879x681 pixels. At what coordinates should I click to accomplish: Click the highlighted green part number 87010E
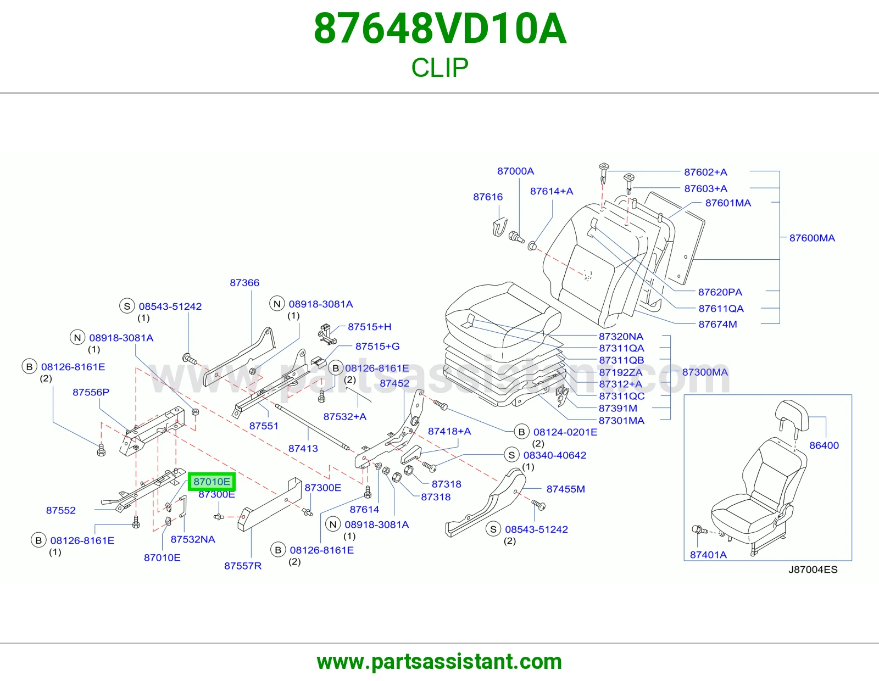pyautogui.click(x=212, y=482)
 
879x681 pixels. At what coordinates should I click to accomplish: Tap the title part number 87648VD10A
pyautogui.click(x=439, y=29)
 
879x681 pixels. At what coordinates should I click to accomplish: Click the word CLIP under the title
pyautogui.click(x=439, y=68)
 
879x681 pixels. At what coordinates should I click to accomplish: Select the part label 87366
pyautogui.click(x=244, y=283)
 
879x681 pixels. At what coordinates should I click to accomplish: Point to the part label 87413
pyautogui.click(x=303, y=449)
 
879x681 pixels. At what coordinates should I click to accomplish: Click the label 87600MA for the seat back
pyautogui.click(x=812, y=238)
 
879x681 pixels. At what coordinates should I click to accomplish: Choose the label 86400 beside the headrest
pyautogui.click(x=824, y=445)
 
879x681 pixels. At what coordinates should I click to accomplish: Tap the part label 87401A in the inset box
pyautogui.click(x=708, y=555)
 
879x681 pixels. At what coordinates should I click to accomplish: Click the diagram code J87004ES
pyautogui.click(x=813, y=570)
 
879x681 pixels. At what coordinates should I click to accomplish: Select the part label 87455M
pyautogui.click(x=565, y=489)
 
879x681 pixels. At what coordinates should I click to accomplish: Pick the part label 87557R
pyautogui.click(x=243, y=566)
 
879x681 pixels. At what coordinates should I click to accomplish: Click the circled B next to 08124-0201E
pyautogui.click(x=521, y=432)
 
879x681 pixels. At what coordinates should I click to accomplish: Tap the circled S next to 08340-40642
pyautogui.click(x=511, y=455)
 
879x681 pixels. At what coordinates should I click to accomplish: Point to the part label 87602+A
pyautogui.click(x=705, y=172)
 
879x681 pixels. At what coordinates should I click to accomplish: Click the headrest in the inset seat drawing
pyautogui.click(x=792, y=416)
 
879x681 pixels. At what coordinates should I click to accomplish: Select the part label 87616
pyautogui.click(x=488, y=197)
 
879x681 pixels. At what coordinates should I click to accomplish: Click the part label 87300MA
pyautogui.click(x=705, y=372)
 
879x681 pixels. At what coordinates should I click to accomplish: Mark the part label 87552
pyautogui.click(x=60, y=510)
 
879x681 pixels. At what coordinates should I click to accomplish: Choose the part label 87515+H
pyautogui.click(x=369, y=327)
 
